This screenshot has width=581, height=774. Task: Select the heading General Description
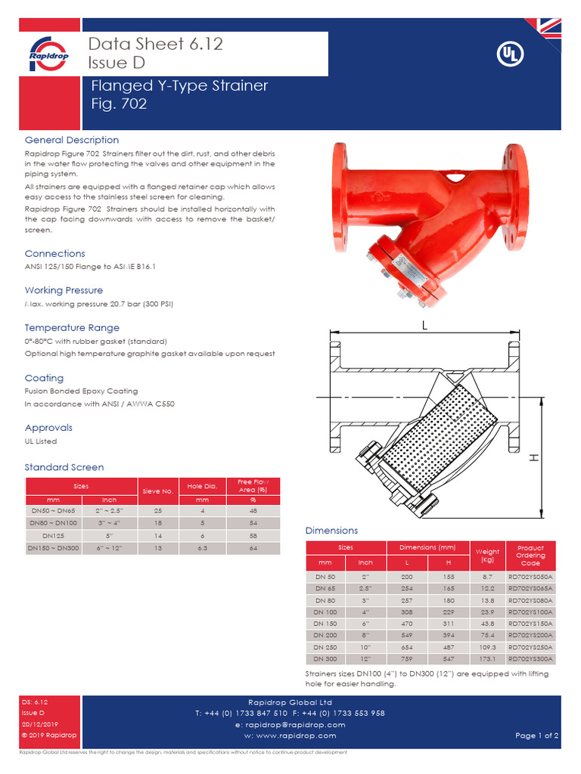coord(72,140)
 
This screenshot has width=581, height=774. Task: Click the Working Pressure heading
coord(64,290)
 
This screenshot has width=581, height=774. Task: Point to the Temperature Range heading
coord(72,328)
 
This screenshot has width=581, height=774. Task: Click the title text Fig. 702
coord(119,104)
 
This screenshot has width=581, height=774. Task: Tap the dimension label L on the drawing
coord(424,325)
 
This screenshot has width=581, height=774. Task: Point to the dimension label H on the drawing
coord(533,458)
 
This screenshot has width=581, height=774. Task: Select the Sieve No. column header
coord(158,491)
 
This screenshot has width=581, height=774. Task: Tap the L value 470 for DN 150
coord(408,624)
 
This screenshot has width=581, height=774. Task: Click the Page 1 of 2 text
coord(536,735)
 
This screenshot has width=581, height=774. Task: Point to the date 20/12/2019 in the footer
coord(35,724)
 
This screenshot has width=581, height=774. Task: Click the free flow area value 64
coord(254,548)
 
